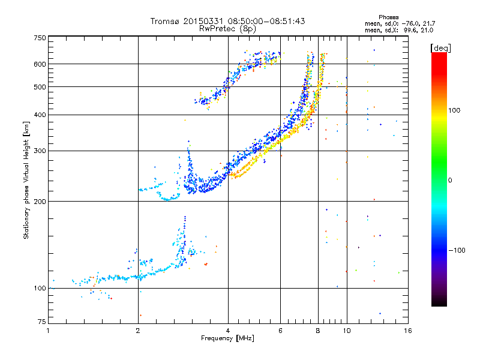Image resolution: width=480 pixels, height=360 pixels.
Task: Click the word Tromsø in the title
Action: coord(166,21)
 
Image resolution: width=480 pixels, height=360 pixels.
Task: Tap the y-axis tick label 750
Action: coord(40,38)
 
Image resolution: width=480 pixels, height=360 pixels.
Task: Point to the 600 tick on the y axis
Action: coord(40,64)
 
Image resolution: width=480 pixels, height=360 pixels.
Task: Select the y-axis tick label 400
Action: coord(40,115)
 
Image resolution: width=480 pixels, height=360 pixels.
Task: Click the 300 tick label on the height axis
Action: coord(40,151)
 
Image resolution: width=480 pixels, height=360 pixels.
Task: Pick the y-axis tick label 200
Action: coord(40,202)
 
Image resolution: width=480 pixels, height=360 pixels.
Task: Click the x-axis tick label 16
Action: coord(407,331)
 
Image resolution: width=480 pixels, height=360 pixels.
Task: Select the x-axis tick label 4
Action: coord(228,331)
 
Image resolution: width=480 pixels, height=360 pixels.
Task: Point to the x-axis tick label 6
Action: coord(281,331)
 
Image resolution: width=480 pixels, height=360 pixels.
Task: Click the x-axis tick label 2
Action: coord(138,331)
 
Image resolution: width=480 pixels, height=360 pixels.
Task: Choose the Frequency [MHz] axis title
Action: coord(227,339)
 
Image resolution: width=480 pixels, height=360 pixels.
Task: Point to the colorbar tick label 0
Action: coord(451,180)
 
